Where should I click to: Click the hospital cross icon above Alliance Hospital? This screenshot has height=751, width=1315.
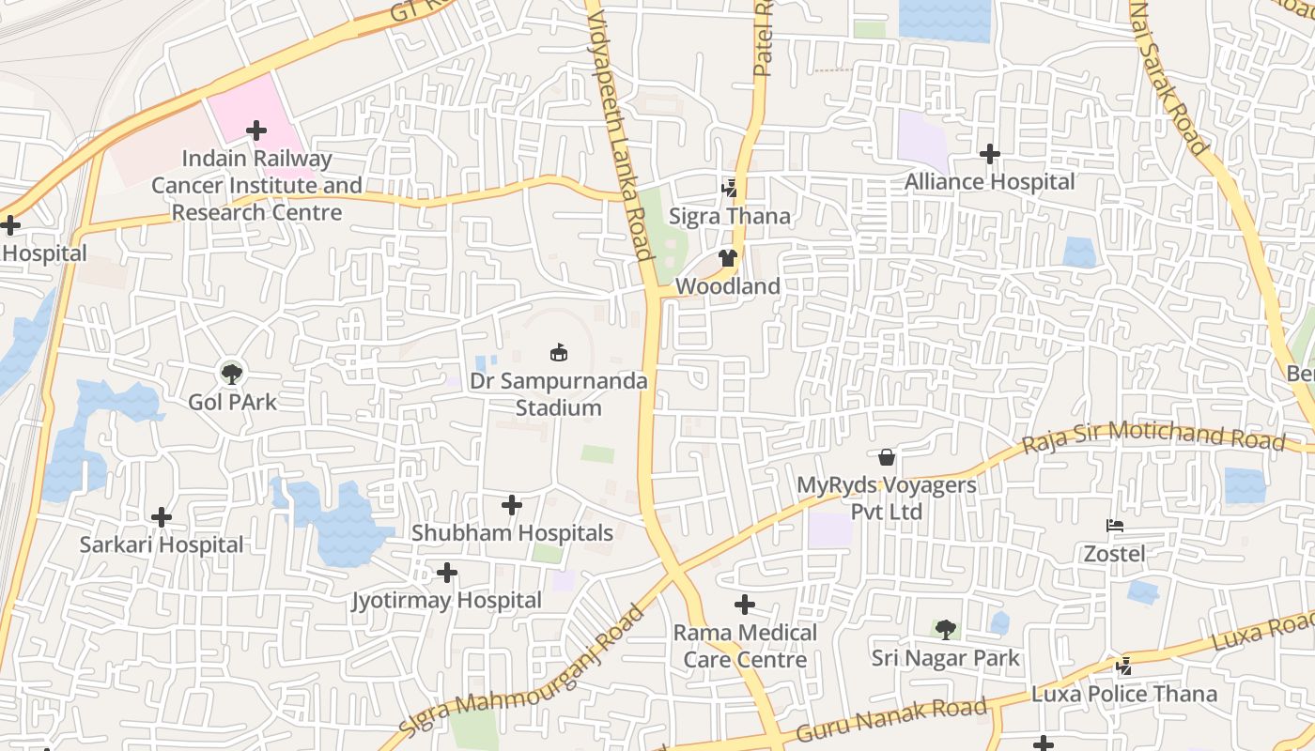pos(989,154)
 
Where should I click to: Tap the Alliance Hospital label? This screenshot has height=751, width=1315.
pos(989,182)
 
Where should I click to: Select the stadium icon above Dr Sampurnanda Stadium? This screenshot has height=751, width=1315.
pos(559,353)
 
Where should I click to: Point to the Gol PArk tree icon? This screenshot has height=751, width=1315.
pos(231,373)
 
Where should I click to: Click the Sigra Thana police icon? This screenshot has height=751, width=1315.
pos(729,189)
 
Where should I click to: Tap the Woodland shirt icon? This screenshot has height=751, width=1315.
pos(728,258)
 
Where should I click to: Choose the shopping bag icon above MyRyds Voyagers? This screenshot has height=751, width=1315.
pos(886,457)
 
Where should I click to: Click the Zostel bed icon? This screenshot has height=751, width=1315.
pos(1115,526)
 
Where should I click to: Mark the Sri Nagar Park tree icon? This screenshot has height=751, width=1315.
pos(945,629)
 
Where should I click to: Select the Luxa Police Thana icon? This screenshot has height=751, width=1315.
pos(1123,666)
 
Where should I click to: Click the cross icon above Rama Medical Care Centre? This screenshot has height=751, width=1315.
pos(745,605)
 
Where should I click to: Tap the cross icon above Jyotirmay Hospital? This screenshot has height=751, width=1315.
pos(447,572)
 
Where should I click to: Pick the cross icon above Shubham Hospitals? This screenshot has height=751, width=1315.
pos(512,505)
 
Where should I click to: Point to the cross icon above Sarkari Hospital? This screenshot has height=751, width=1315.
pos(162,516)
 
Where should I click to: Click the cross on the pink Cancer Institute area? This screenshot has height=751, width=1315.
pos(255,130)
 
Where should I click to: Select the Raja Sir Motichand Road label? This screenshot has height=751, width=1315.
pos(1153,436)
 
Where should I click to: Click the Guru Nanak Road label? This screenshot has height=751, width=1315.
pos(890,719)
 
